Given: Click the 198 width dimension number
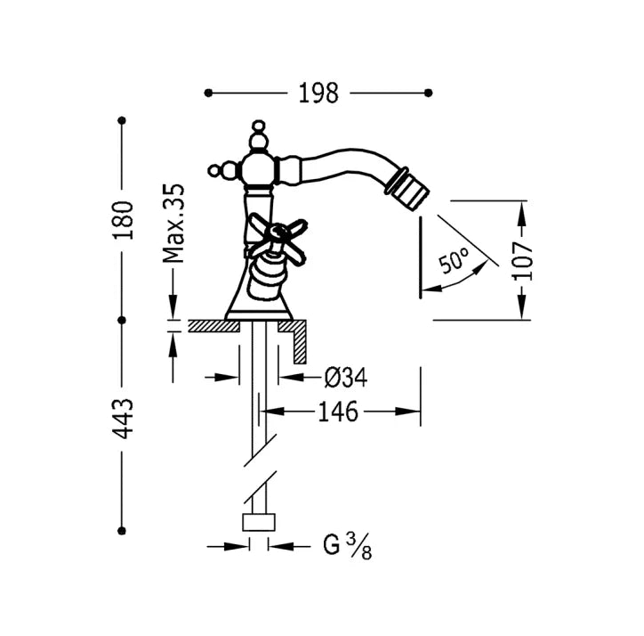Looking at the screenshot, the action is (318, 93).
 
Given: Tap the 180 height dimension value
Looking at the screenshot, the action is (124, 221).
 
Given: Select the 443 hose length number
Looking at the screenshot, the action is (124, 419).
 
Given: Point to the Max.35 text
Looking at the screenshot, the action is (173, 224).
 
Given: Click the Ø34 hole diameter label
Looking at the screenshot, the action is (345, 377).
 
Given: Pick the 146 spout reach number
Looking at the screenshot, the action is (338, 412).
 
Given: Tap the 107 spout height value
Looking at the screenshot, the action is (522, 261).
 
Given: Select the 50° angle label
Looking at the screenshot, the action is (454, 260).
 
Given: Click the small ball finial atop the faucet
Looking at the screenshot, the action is (258, 125).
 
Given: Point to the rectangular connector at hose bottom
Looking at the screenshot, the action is (259, 522).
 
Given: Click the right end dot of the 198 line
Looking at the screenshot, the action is (429, 93).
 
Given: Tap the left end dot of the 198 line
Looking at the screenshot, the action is (208, 93).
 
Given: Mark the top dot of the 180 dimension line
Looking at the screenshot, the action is (122, 120).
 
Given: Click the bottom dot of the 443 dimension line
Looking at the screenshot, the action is (122, 531).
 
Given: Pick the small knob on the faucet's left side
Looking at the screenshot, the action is (213, 170).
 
